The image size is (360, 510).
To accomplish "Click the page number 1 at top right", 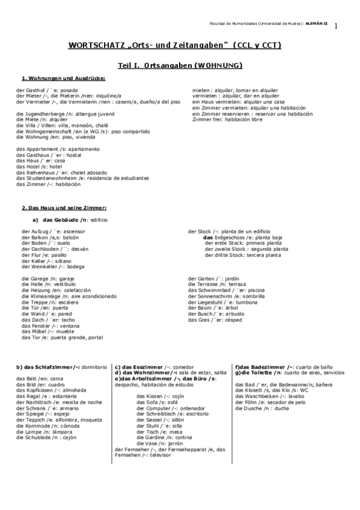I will coord(336,26).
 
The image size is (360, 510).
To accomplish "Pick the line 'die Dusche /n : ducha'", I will coord(263,408).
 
